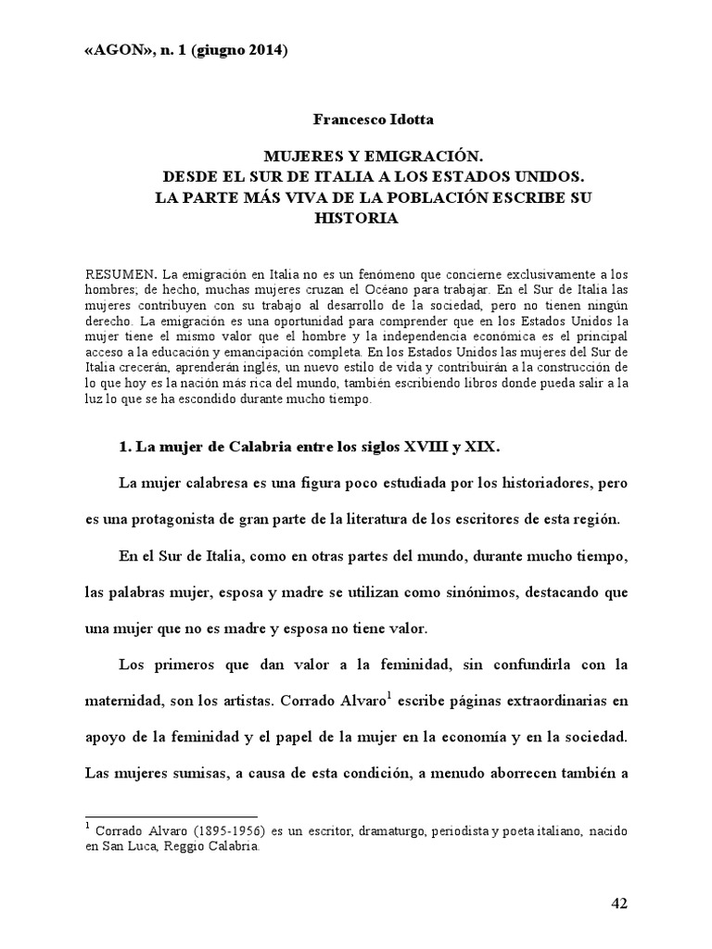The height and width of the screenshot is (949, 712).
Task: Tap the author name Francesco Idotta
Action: (x=357, y=120)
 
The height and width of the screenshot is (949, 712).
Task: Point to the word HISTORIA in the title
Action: (x=357, y=218)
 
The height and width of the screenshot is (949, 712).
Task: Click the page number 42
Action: (x=620, y=904)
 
